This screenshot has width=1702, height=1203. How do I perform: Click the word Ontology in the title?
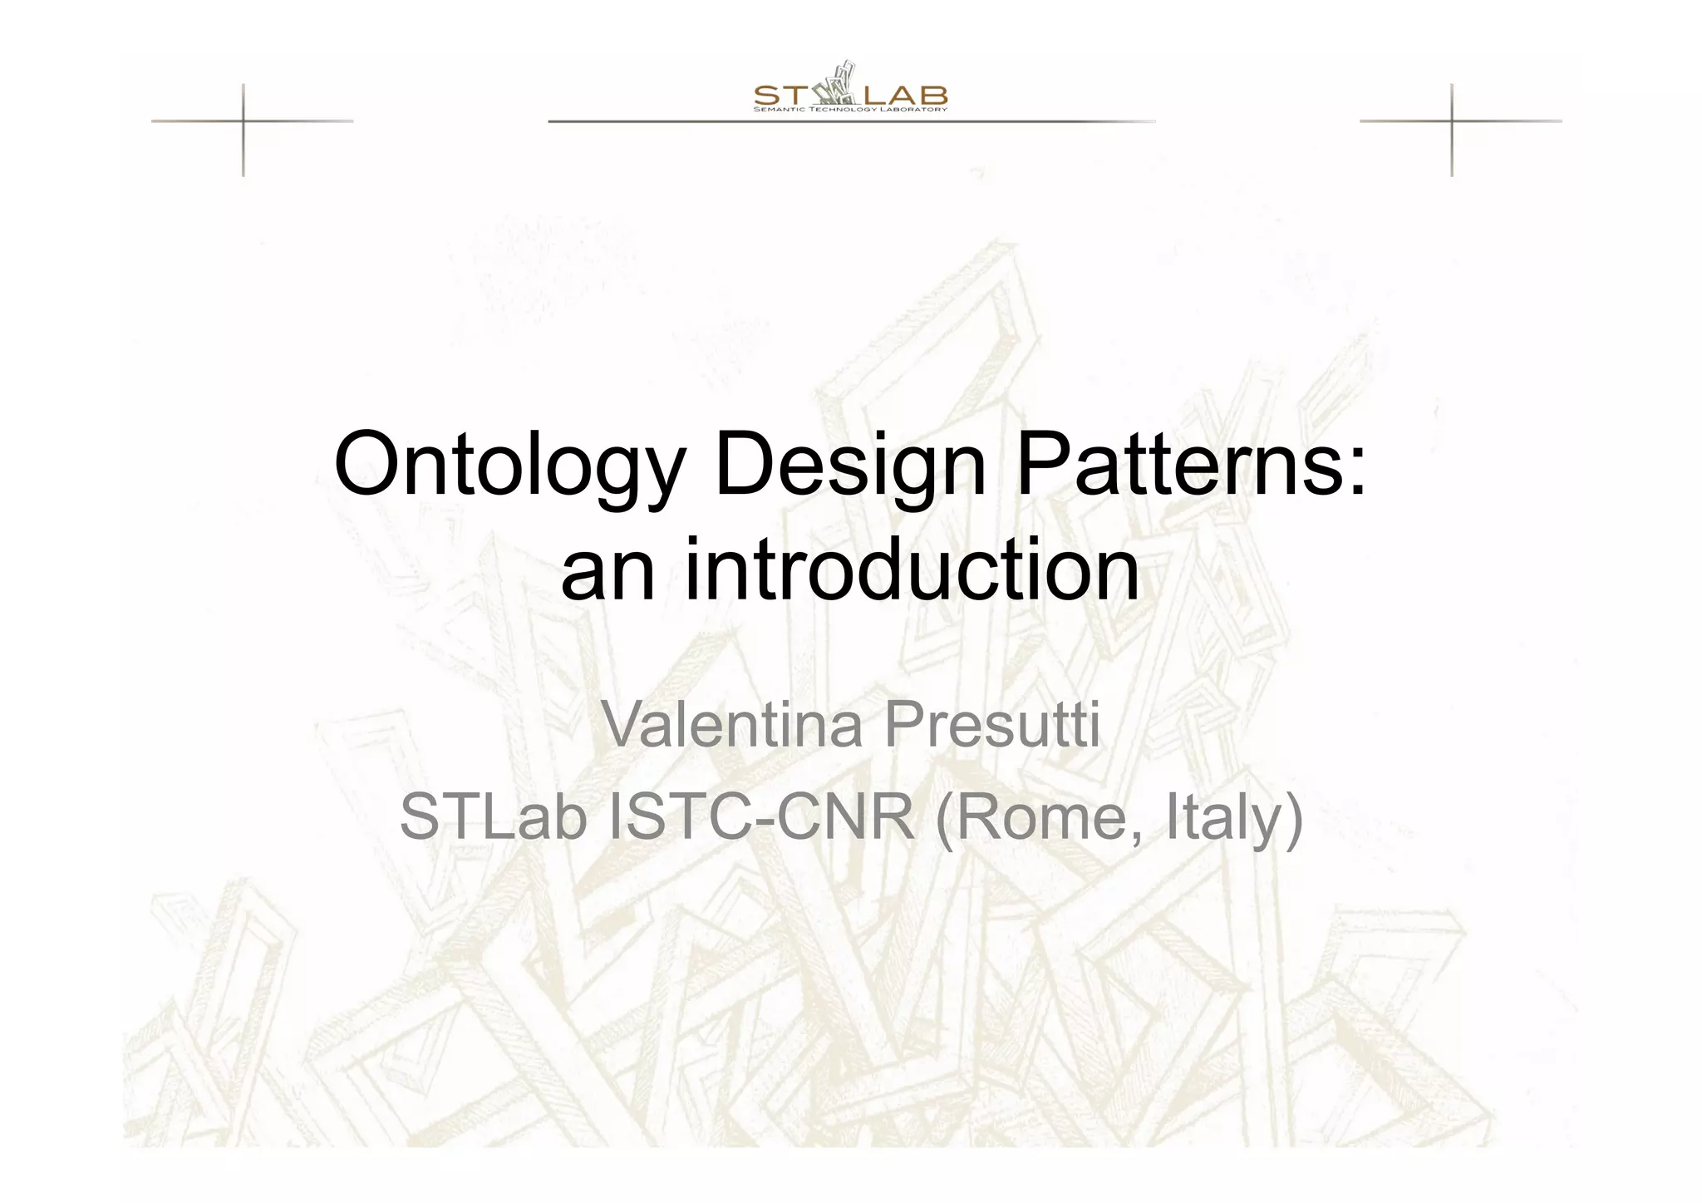tap(509, 466)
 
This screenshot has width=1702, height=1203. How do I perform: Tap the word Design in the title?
tap(849, 466)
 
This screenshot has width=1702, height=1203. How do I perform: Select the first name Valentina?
tap(731, 725)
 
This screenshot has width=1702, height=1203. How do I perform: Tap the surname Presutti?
tap(991, 725)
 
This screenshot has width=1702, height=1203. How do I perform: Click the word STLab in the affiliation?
tap(494, 818)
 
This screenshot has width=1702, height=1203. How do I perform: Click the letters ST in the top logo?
tap(776, 95)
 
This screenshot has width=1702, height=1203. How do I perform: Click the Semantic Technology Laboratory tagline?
tap(850, 110)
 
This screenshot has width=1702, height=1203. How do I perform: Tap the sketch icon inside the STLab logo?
tap(834, 86)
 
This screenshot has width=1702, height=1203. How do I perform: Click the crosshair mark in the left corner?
tap(243, 121)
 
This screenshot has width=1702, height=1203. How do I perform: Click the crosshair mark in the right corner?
tap(1452, 121)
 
